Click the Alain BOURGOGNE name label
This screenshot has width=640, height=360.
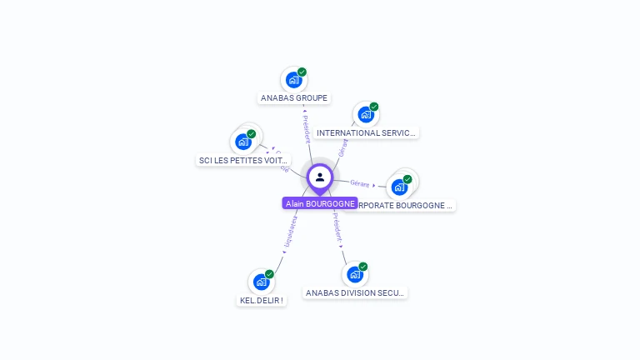pyautogui.click(x=320, y=203)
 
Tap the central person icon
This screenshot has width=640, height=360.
pyautogui.click(x=320, y=177)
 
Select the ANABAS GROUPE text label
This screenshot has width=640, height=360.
pyautogui.click(x=294, y=97)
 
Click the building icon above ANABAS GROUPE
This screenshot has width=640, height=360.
pyautogui.click(x=293, y=79)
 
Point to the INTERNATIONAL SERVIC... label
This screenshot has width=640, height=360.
pyautogui.click(x=367, y=132)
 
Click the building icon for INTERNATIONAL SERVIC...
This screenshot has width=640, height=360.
pyautogui.click(x=365, y=114)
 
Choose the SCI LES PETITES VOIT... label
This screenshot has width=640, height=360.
pyautogui.click(x=243, y=160)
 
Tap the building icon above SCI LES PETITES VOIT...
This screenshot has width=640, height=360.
pyautogui.click(x=243, y=141)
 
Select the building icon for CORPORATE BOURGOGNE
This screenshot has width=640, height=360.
pyautogui.click(x=400, y=187)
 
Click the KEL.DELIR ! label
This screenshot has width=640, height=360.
pyautogui.click(x=262, y=301)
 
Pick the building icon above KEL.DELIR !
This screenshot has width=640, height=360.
pyautogui.click(x=262, y=281)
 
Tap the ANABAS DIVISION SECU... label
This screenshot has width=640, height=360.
pyautogui.click(x=355, y=292)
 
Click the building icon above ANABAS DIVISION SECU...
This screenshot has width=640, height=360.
pyautogui.click(x=355, y=274)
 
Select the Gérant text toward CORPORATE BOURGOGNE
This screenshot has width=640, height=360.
pyautogui.click(x=360, y=182)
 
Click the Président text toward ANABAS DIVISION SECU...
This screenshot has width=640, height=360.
pyautogui.click(x=337, y=227)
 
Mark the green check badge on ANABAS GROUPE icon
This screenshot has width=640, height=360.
pyautogui.click(x=302, y=72)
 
